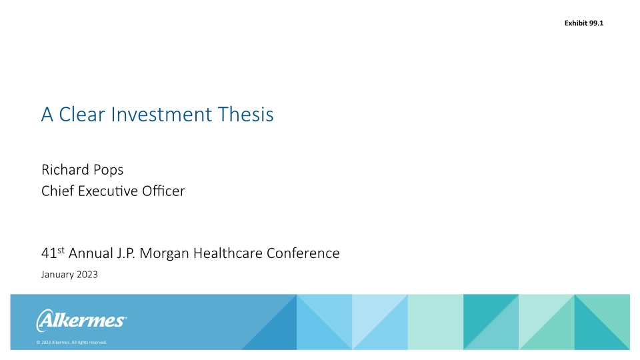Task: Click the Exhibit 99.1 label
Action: (x=583, y=24)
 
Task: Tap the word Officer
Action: (x=162, y=191)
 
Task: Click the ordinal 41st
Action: (x=53, y=253)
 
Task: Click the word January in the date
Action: (x=57, y=275)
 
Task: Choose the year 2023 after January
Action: (x=87, y=275)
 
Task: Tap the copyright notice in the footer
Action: (x=71, y=343)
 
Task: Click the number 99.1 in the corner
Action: (x=595, y=24)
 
